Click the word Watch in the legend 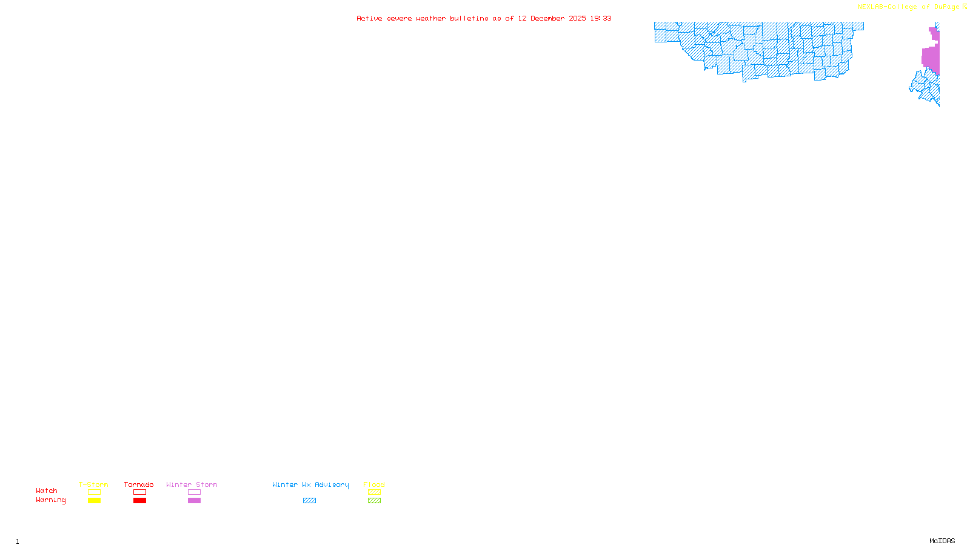[47, 490]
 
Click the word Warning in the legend [50, 500]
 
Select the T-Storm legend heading [93, 484]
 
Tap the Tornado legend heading [139, 484]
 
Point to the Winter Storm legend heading [192, 484]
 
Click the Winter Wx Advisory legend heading [310, 484]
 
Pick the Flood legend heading [374, 484]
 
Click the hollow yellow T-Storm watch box [94, 492]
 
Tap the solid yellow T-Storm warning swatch [94, 501]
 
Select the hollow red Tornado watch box [139, 492]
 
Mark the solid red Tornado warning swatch [139, 501]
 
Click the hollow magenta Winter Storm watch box [194, 492]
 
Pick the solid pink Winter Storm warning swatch [194, 501]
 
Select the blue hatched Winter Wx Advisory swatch [309, 501]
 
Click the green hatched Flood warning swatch [374, 501]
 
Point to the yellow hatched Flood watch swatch [374, 492]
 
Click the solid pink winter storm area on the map [931, 58]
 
